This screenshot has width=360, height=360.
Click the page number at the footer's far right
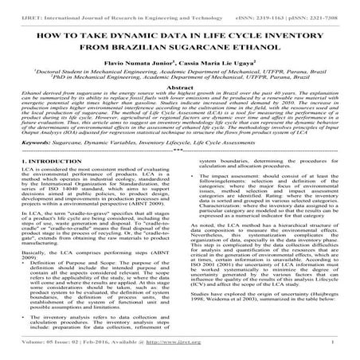click(343, 347)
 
